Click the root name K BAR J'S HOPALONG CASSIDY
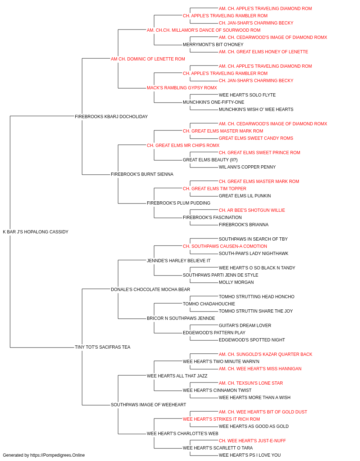pos(36,232)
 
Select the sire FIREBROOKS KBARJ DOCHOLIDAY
pos(111,117)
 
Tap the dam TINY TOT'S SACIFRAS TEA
pos(103,347)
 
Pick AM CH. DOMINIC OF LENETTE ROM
pos(148,59)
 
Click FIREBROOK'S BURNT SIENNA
pos(142,174)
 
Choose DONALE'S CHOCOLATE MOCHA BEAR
pos(150,289)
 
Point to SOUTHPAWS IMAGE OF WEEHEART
pos(148,404)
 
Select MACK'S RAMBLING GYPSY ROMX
pos(182,88)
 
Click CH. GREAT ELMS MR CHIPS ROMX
pos(183,145)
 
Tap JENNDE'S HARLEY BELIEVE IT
pos(179,260)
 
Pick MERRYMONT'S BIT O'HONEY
pos(213,45)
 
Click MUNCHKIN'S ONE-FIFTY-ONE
pos(213,102)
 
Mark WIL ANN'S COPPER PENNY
pos(247,167)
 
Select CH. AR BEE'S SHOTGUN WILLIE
pos(252,210)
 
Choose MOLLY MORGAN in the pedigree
pos(236,282)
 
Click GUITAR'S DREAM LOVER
pos(245,326)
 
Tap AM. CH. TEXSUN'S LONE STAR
pos(251,383)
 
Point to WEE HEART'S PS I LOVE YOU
pos(250,455)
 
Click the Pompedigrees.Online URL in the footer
pos(58,455)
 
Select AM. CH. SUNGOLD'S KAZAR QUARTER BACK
pos(265,354)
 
